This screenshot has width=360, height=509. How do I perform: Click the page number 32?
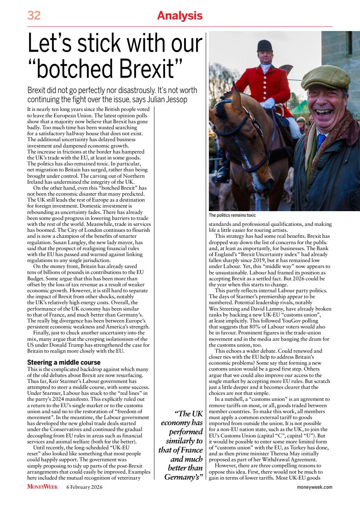pyautogui.click(x=34, y=16)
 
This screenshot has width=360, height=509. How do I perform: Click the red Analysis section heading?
pyautogui.click(x=180, y=16)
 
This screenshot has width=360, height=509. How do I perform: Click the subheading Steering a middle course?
pyautogui.click(x=64, y=362)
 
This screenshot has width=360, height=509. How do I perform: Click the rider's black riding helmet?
pyautogui.click(x=264, y=46)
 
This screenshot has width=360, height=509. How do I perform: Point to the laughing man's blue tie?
pyautogui.click(x=321, y=141)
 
